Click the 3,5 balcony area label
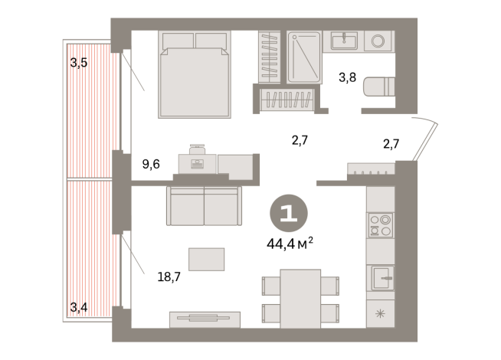tap(79, 64)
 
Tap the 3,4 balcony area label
tap(79, 308)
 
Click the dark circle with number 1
tap(288, 212)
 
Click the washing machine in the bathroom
tap(378, 41)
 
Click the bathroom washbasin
tap(346, 40)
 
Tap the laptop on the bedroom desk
tap(197, 162)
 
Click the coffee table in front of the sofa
tap(206, 259)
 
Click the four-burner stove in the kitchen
tap(380, 225)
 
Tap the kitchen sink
tap(382, 277)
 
